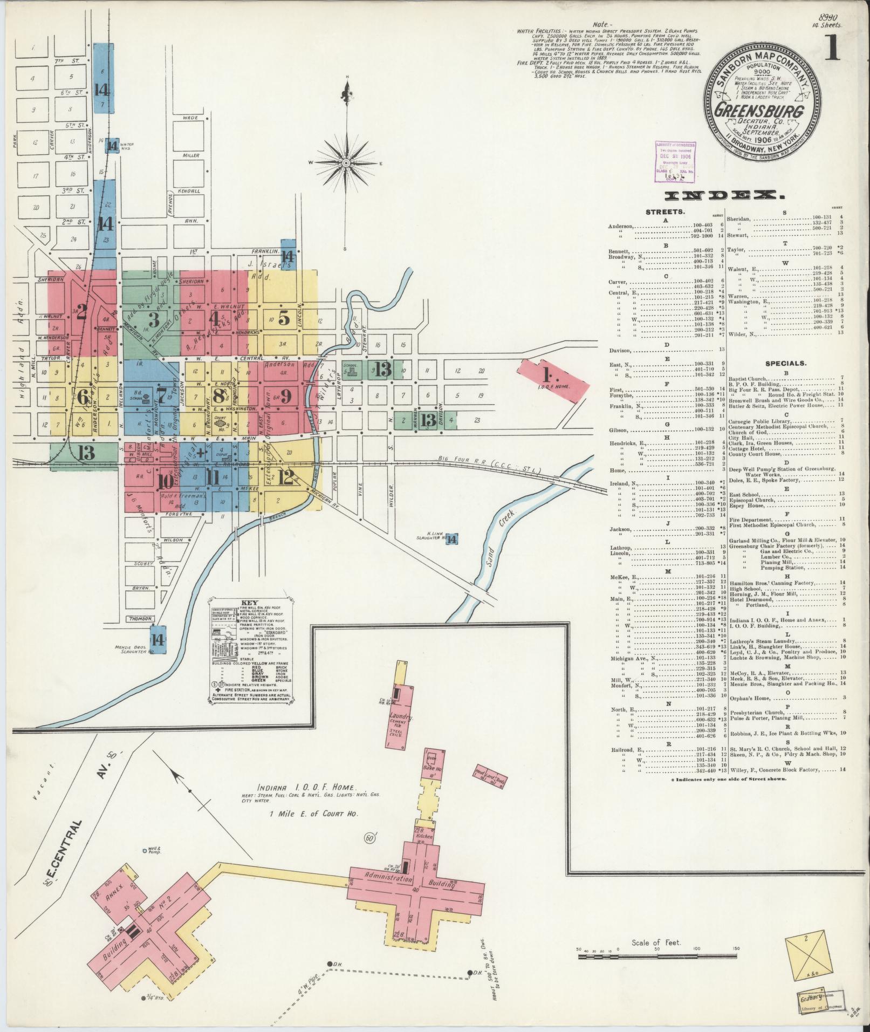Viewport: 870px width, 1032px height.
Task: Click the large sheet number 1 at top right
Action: coord(832,49)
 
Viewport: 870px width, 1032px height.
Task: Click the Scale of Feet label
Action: coord(656,958)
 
